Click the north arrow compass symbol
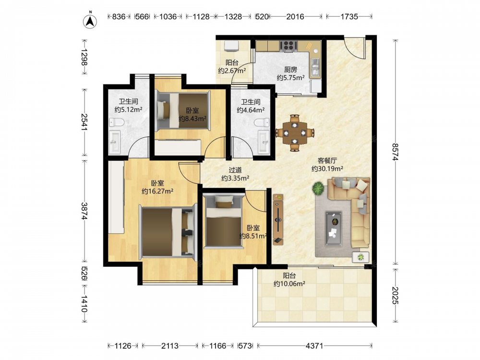point(90,20)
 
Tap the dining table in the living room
point(295,133)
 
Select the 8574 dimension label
point(396,152)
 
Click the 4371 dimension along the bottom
point(314,346)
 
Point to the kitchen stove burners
point(288,46)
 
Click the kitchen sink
point(315,67)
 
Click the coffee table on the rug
point(334,228)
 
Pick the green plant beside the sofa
point(319,188)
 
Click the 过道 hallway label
point(235,170)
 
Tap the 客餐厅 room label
point(327,160)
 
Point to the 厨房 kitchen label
point(290,70)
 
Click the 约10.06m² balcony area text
point(289,284)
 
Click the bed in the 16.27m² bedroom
point(168,232)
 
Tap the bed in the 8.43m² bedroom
point(183,111)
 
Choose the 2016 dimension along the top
point(295,16)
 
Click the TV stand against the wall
point(278,219)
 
